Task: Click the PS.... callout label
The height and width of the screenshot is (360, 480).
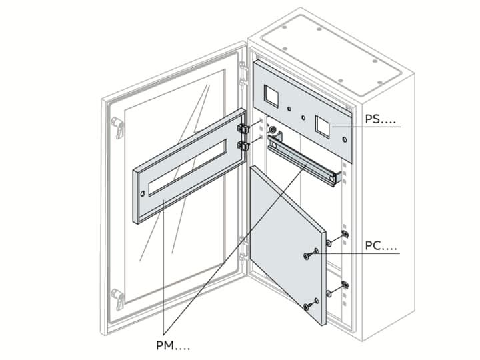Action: [381, 120]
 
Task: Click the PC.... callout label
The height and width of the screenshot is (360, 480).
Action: [381, 247]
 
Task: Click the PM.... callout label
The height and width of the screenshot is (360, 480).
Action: [171, 345]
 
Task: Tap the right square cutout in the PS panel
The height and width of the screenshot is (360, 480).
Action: [323, 125]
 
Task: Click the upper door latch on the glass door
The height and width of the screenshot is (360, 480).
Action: [118, 126]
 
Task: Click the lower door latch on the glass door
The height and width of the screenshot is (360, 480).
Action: [118, 298]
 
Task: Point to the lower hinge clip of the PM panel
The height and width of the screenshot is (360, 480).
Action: [243, 145]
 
